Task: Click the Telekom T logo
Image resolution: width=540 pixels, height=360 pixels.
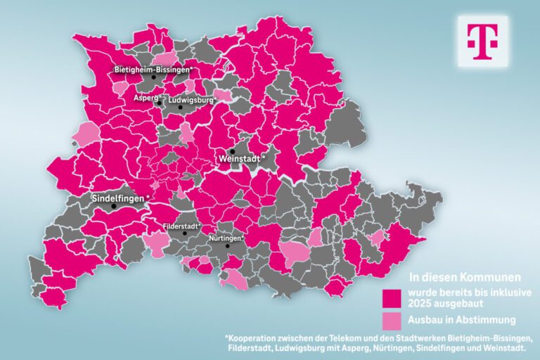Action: click(482, 41)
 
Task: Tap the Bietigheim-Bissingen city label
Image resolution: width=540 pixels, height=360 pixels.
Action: click(153, 70)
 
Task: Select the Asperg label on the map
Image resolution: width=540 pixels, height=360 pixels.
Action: click(146, 98)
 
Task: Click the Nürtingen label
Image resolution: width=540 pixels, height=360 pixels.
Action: click(226, 238)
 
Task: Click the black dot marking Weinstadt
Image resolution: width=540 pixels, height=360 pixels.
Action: click(231, 150)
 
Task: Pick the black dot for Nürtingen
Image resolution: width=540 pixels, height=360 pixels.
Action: click(226, 247)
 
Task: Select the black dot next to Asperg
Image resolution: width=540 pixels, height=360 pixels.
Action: click(161, 103)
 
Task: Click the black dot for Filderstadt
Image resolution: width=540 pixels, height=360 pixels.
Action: click(185, 233)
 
